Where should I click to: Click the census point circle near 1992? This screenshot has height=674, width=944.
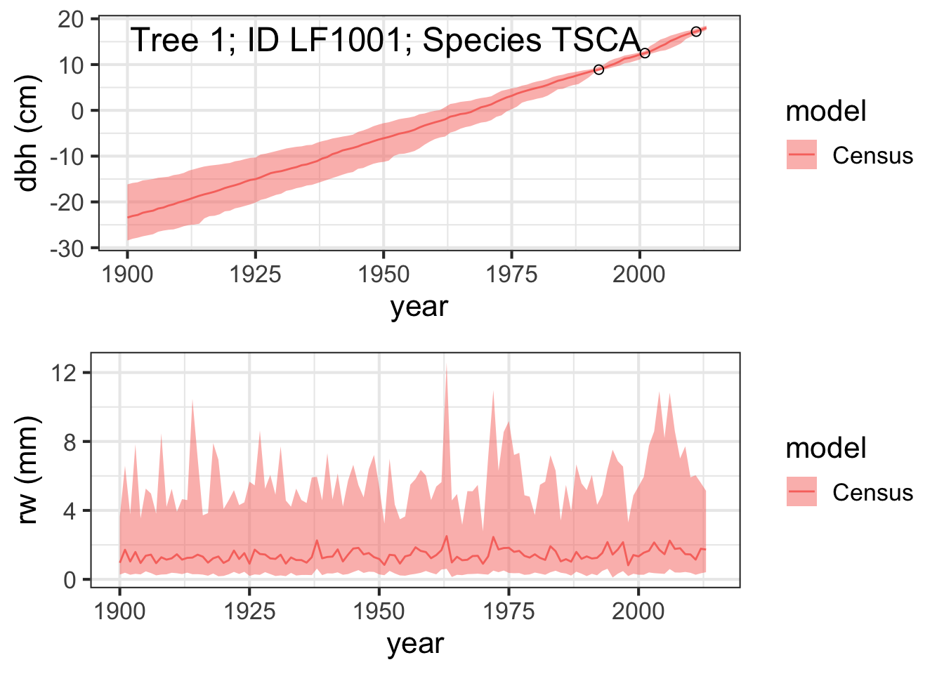tap(598, 70)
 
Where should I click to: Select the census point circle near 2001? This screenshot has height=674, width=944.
tap(645, 53)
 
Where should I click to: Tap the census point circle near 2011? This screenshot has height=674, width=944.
tap(696, 32)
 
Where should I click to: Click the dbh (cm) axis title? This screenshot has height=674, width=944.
tap(25, 133)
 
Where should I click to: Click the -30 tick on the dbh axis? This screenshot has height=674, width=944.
tap(67, 249)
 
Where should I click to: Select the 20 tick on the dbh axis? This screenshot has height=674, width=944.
tap(71, 20)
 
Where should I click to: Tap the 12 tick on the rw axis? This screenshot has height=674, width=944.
tap(64, 373)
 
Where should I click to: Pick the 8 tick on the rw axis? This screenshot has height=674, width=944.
tap(70, 442)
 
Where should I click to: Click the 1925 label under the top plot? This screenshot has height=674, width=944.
tap(255, 275)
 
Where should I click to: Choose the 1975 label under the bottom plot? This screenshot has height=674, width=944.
tap(509, 612)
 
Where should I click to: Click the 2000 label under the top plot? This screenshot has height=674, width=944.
tap(639, 275)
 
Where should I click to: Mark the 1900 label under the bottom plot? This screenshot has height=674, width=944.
tap(119, 612)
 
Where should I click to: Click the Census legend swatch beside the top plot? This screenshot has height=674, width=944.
tap(801, 154)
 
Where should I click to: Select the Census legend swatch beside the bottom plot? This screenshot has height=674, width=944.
tap(801, 491)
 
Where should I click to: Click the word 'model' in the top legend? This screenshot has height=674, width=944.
tap(826, 111)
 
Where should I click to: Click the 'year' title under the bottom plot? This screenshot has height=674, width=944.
tap(416, 644)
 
